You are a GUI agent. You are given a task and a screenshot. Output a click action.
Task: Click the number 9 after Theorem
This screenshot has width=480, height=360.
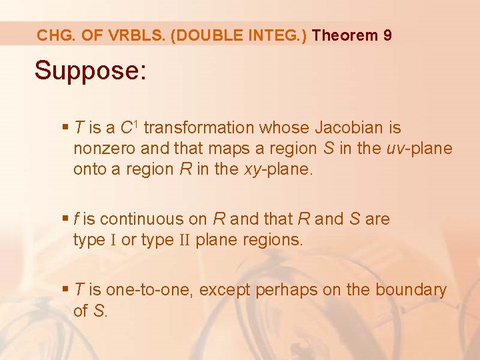point(387,35)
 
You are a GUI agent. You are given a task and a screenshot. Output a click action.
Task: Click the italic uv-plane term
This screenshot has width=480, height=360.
point(419,148)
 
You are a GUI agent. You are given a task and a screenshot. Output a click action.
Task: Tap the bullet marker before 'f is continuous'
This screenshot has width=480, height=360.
point(65,219)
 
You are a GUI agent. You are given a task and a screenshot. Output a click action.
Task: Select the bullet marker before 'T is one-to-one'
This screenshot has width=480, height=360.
point(65,290)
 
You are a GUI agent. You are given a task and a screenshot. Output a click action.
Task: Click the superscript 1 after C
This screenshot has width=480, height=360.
point(137,123)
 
